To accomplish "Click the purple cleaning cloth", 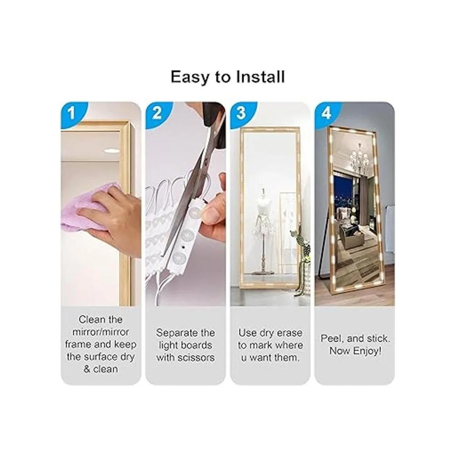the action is tap(85, 207).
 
